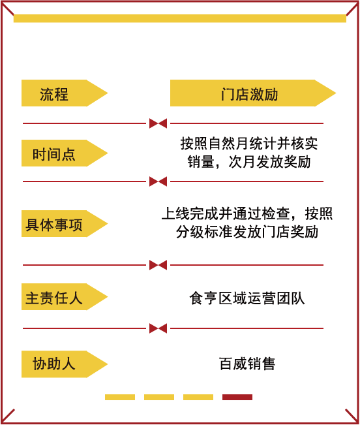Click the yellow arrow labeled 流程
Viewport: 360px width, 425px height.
(65, 93)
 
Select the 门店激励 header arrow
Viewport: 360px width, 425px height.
(253, 93)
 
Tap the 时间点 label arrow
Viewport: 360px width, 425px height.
(65, 153)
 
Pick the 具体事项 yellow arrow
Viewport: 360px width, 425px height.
(65, 224)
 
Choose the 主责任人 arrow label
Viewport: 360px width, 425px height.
(65, 297)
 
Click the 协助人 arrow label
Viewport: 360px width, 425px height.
(65, 364)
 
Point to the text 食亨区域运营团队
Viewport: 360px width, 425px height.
(247, 298)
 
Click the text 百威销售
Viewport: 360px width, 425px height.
(247, 364)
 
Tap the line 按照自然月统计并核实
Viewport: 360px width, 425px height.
(249, 144)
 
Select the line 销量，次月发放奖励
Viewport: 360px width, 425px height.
(249, 162)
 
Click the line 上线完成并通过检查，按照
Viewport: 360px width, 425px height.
(247, 213)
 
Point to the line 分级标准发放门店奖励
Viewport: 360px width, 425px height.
(247, 232)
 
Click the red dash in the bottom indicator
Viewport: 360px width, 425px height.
(237, 397)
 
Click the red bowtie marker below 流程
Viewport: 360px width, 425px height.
(158, 123)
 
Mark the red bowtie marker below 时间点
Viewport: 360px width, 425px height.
(158, 181)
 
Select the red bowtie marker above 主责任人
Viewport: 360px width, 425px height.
(158, 265)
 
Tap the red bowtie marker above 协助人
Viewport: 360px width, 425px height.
(158, 328)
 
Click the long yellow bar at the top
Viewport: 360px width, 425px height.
(180, 18)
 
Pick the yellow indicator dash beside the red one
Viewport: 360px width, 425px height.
(198, 397)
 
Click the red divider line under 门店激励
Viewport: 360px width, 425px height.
(247, 123)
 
